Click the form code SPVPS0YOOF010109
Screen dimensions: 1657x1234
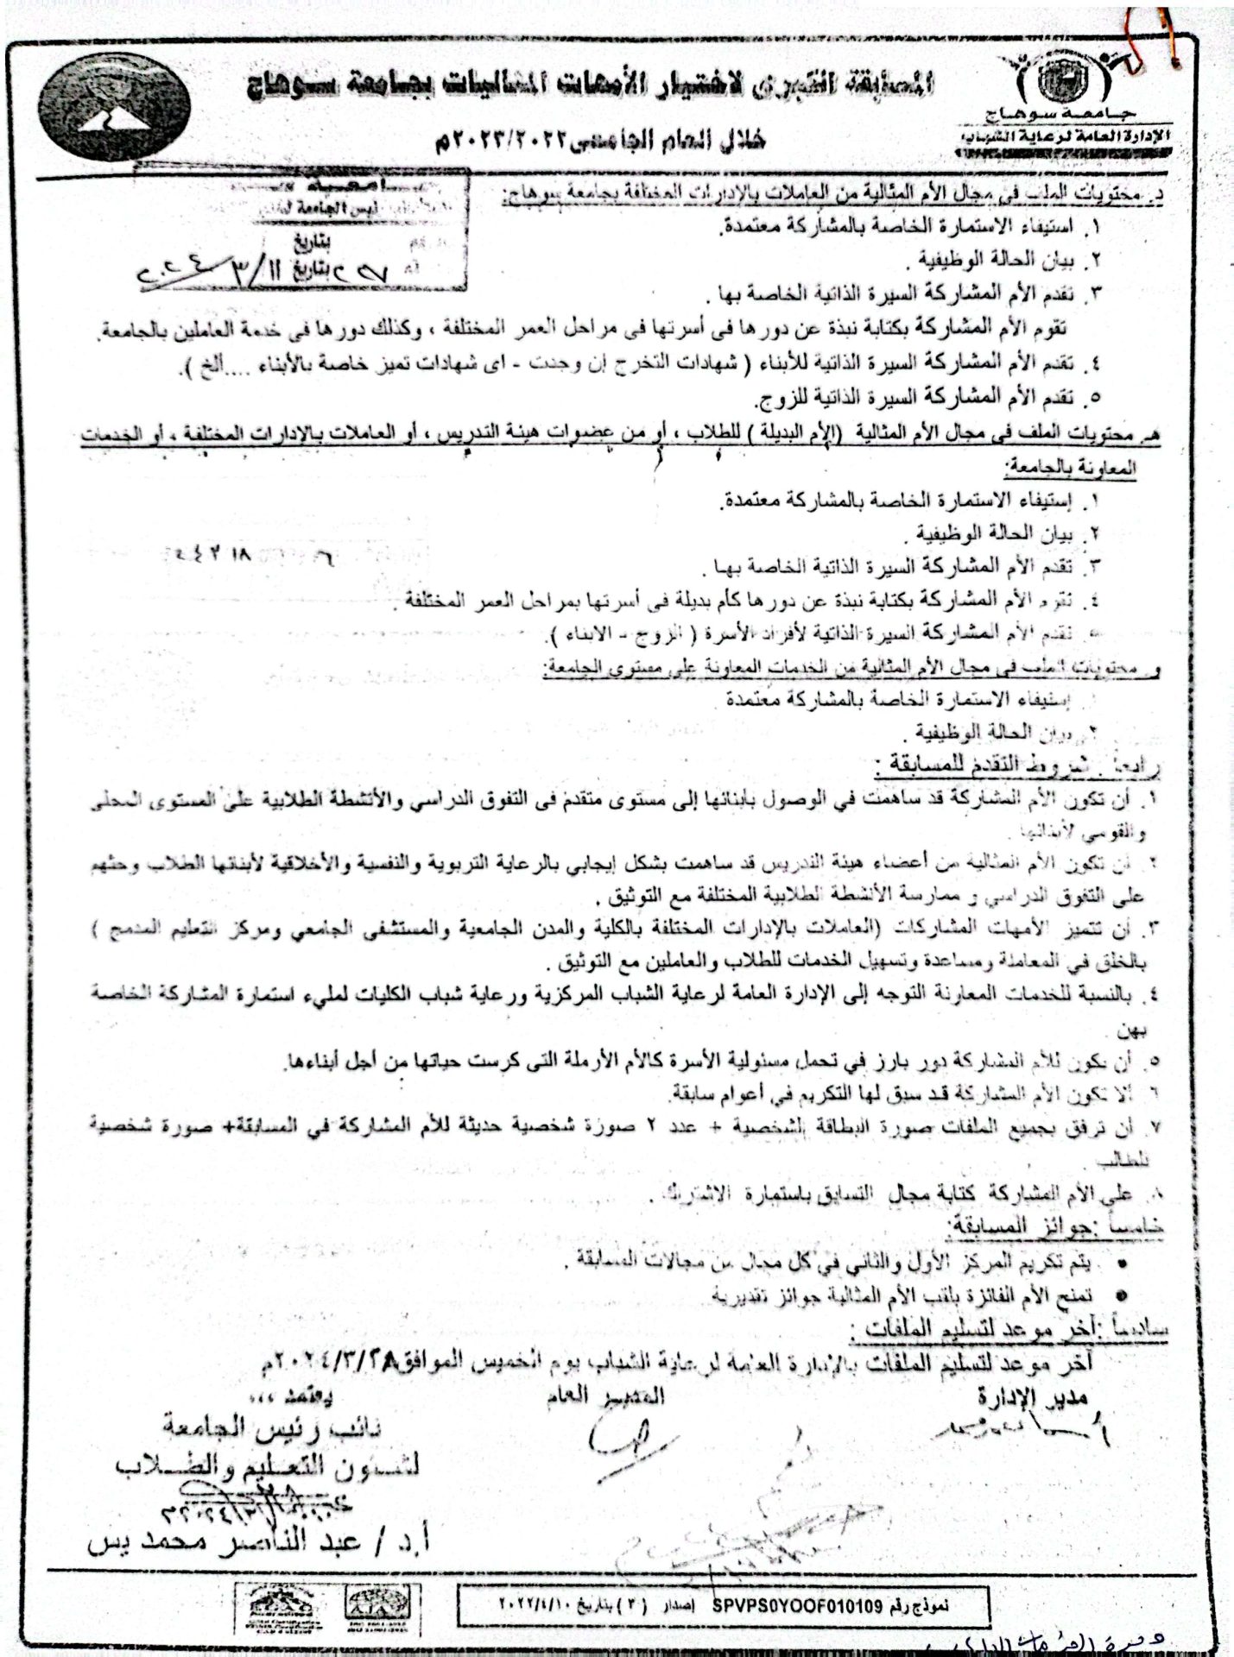coord(796,1606)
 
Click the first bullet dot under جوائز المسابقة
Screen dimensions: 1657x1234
coord(1122,1264)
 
